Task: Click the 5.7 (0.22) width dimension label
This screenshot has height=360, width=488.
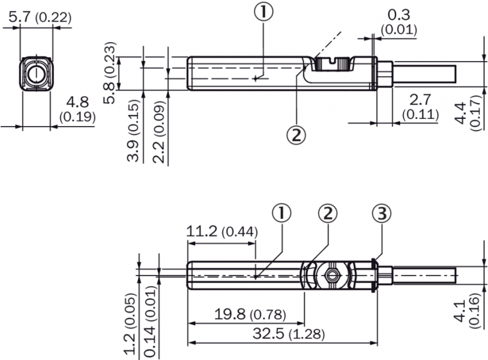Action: pos(37,19)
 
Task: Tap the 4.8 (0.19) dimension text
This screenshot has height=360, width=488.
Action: pos(77,109)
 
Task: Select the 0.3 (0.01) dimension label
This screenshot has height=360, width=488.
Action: pos(399,22)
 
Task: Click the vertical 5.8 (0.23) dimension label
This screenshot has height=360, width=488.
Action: pos(109,73)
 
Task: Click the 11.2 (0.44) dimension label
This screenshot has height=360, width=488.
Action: pos(221,231)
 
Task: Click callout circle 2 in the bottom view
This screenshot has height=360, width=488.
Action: pos(328,212)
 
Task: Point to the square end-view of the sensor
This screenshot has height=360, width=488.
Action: pos(37,74)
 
